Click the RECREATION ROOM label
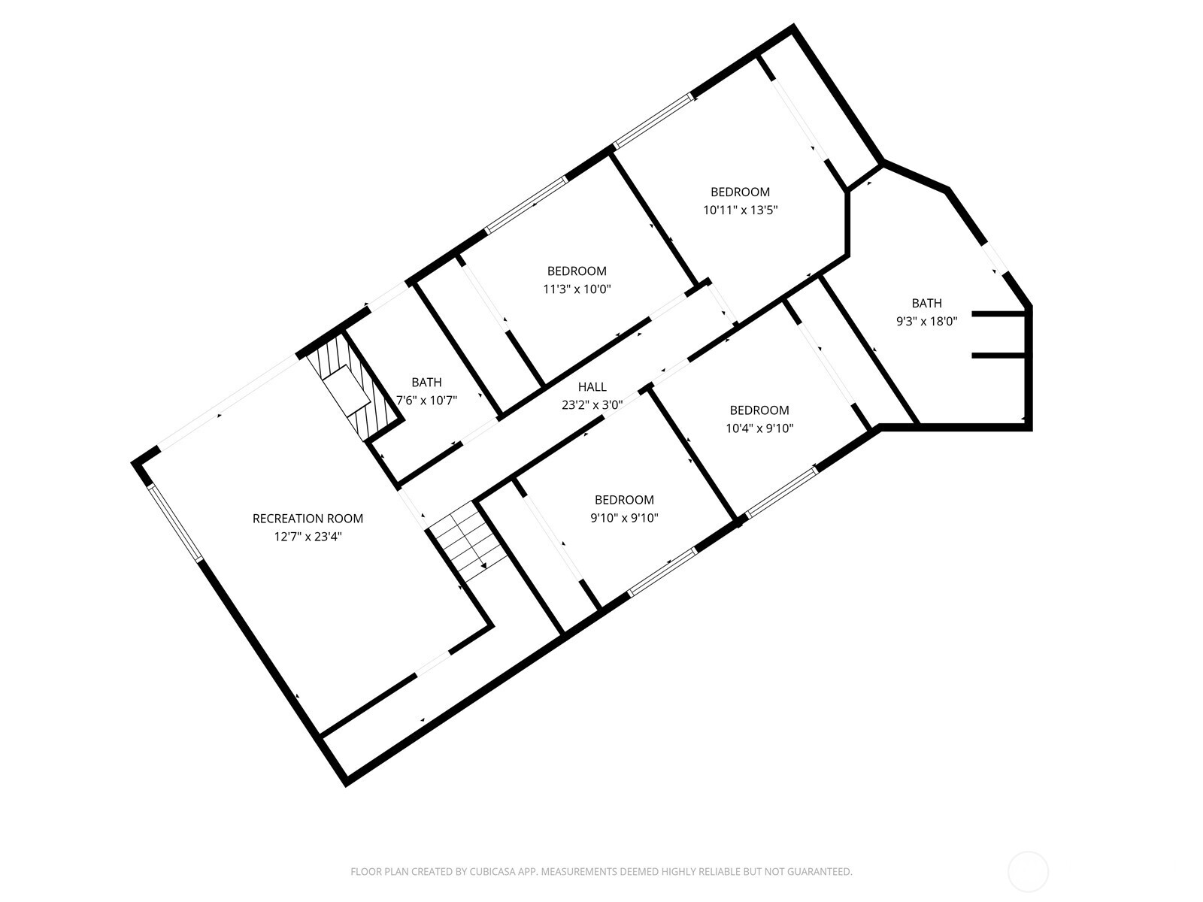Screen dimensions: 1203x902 point(308,518)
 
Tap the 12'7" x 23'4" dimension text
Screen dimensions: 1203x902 point(308,536)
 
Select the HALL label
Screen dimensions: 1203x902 point(592,386)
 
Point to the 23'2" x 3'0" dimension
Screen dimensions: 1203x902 point(592,404)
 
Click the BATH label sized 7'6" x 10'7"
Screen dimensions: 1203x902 point(426,382)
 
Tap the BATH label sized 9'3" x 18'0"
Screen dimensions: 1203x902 point(927,303)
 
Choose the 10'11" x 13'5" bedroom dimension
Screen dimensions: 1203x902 point(741,210)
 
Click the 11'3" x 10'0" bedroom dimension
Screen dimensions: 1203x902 point(577,289)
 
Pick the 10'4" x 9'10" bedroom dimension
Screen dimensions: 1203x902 point(759,428)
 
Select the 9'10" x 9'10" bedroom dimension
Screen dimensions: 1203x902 point(624,518)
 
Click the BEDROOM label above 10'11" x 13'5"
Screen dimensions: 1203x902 point(740,192)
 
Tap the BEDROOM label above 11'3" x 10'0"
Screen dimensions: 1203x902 point(577,271)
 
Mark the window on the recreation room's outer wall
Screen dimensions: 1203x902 point(175,522)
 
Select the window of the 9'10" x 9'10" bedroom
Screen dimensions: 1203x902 point(662,572)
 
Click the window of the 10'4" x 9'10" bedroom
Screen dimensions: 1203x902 point(781,492)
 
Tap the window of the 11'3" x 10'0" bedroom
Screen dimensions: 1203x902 point(526,204)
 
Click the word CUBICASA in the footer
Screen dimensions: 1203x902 point(492,871)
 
